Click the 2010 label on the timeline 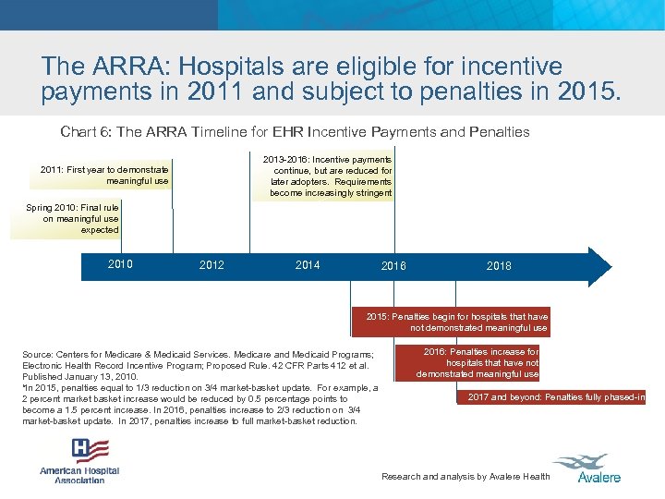120,264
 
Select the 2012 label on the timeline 212,265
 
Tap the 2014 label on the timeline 308,265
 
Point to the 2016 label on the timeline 393,266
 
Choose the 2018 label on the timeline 499,266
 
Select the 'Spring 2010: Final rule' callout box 74,218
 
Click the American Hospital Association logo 79,460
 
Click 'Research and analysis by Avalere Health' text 465,477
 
